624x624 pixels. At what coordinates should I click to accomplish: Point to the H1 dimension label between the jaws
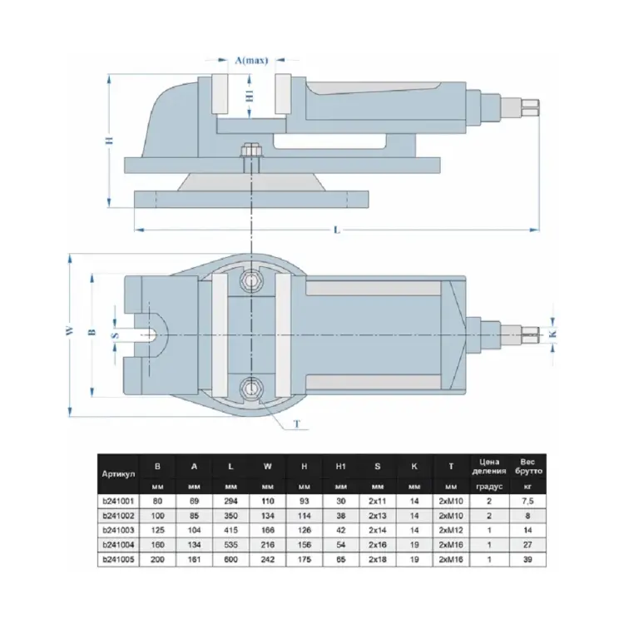(x=249, y=96)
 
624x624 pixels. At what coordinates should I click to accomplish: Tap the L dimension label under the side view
(x=337, y=230)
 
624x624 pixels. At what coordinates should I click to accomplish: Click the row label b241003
(x=118, y=529)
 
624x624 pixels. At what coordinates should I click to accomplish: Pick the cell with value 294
(x=230, y=501)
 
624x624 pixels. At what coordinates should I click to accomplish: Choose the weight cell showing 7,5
(x=524, y=501)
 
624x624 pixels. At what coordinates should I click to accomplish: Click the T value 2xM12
(x=450, y=529)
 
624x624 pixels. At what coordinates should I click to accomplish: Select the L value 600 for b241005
(x=230, y=557)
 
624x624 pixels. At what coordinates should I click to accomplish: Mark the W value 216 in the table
(x=267, y=543)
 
